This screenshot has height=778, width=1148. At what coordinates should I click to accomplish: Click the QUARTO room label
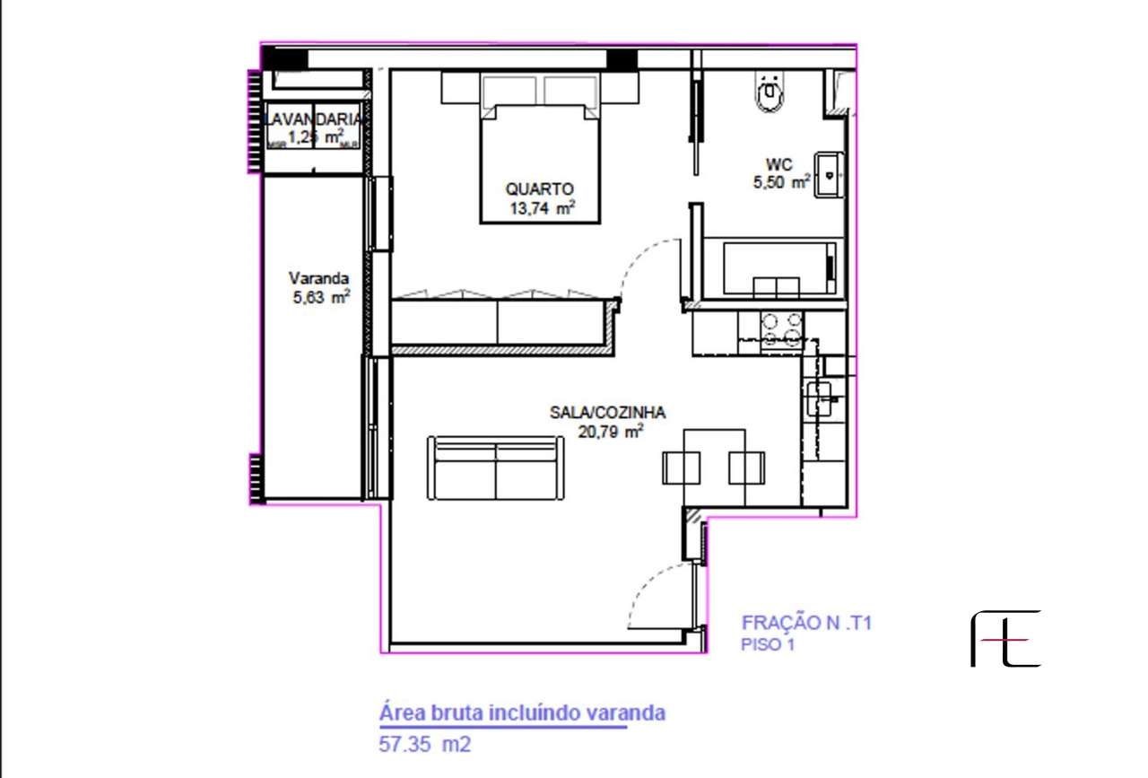click(539, 189)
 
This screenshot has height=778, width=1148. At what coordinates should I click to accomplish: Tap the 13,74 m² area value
click(540, 209)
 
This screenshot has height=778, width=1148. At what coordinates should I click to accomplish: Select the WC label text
click(778, 164)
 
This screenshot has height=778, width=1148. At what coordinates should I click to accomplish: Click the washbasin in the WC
click(831, 174)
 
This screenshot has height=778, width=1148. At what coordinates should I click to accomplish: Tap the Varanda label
click(318, 277)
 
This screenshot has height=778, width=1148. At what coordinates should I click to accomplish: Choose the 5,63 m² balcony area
click(320, 298)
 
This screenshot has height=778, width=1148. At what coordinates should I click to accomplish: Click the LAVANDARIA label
click(315, 119)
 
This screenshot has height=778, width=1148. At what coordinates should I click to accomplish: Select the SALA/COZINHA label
click(607, 413)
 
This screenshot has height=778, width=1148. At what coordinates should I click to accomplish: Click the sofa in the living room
click(495, 468)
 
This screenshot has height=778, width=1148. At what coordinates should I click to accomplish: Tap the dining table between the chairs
click(714, 467)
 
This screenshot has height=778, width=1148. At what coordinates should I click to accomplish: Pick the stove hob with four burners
click(780, 328)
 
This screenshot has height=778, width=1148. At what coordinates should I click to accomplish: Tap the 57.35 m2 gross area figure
click(425, 745)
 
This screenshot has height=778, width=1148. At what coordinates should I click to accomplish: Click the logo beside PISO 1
click(1005, 639)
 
